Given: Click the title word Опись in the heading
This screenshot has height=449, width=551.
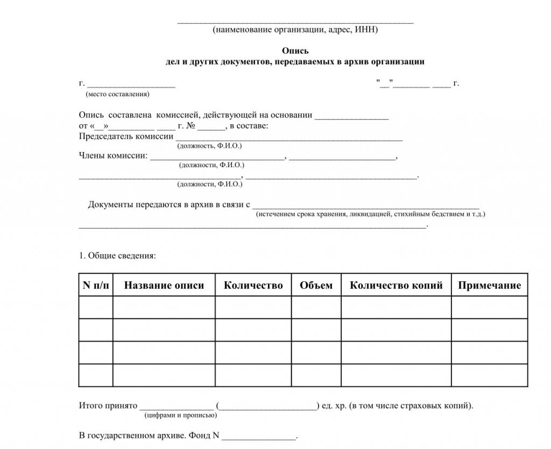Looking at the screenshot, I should coord(295,51).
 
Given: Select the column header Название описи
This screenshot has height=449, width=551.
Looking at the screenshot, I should coord(164,286).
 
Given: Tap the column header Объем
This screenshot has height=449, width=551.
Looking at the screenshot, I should coord(316,286).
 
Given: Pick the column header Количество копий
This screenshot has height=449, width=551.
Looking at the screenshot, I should coord(396,286).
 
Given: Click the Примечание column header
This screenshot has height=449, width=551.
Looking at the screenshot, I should coord(489,286).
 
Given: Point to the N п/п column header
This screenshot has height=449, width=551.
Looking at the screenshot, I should coord(96,286).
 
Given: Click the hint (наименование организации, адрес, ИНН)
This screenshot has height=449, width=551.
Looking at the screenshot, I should coord(295,30).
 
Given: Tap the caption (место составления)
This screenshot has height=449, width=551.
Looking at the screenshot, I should coord(118,94).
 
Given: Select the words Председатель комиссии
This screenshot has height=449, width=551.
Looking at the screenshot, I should coord(126,136).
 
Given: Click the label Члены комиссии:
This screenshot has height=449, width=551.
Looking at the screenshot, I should coord(113,156).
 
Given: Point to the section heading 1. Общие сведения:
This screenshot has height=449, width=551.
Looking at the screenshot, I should coord(117,255).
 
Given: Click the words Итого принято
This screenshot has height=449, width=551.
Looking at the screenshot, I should coord(108,405).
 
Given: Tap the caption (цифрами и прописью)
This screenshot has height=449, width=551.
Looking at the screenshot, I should coord(181,415).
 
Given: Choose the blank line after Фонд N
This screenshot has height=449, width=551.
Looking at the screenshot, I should coord(259,436).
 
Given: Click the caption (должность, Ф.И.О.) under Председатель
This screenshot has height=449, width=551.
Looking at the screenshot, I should coord(209,146).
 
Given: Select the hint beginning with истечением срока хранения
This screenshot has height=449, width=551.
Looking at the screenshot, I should coord(371,214).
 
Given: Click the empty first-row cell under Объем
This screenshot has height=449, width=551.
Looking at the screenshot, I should coord(316,308).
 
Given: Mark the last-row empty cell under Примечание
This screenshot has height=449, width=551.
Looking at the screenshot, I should coord(489,375).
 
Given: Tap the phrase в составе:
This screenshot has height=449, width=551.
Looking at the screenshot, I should coord(249,126).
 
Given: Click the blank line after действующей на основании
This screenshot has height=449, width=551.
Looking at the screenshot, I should coord(351,116).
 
